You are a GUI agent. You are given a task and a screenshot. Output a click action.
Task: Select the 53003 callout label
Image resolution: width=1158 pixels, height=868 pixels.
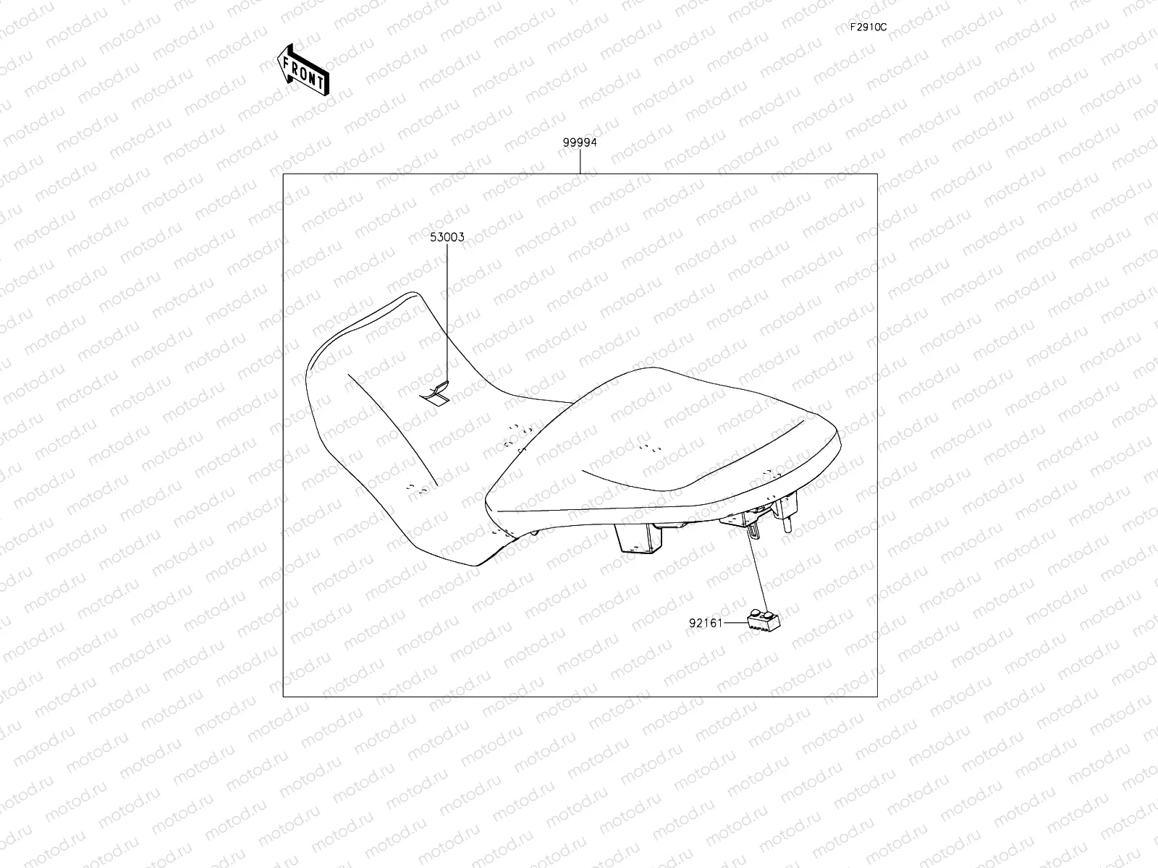click(x=447, y=237)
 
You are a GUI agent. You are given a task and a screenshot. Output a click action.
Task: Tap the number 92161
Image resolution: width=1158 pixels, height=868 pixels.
click(x=706, y=622)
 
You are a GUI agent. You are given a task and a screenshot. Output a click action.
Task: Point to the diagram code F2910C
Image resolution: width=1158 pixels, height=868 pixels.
click(x=868, y=27)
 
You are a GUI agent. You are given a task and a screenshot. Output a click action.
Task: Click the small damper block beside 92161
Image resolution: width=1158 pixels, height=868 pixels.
click(x=762, y=619)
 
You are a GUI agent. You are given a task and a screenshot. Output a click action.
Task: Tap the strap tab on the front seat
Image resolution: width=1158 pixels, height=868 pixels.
click(x=436, y=393)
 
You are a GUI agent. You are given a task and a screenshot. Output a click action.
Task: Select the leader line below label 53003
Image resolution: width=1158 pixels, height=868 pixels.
click(x=447, y=311)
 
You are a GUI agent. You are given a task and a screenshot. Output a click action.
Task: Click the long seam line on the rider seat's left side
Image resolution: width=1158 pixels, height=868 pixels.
click(x=394, y=427)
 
